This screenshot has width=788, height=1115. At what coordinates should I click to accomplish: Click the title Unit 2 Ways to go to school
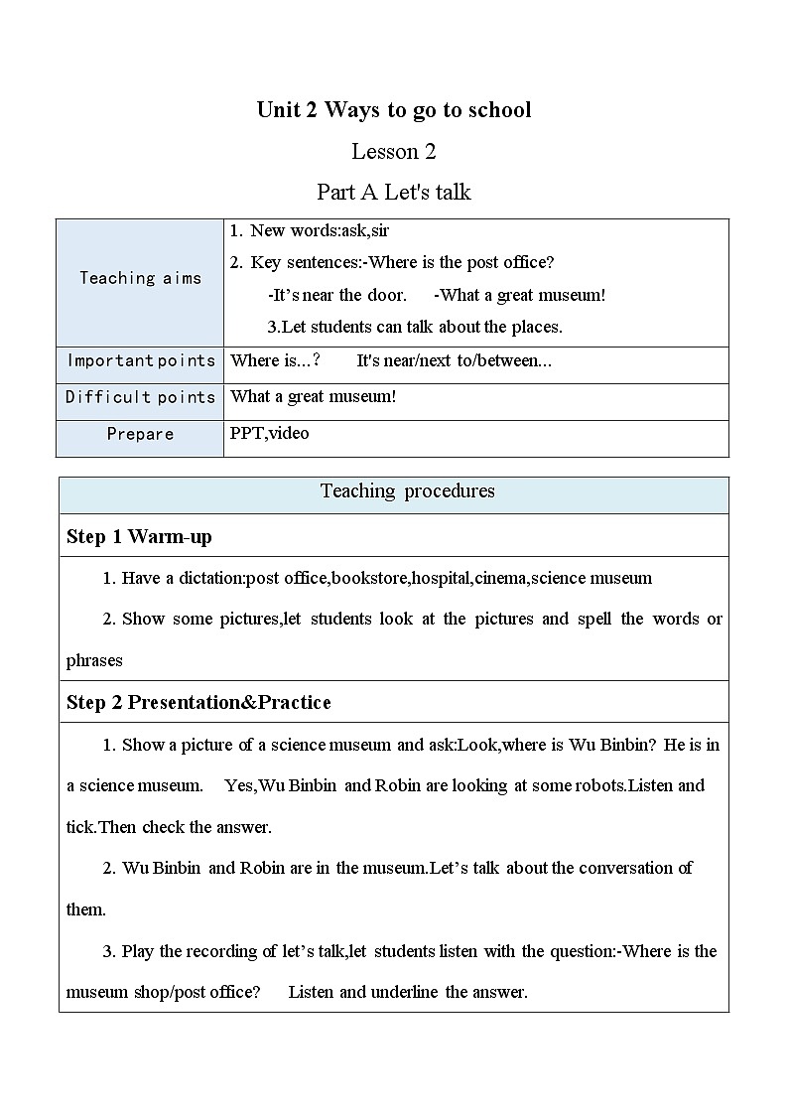click(x=394, y=110)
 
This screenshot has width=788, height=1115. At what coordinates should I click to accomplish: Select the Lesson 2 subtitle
click(x=394, y=152)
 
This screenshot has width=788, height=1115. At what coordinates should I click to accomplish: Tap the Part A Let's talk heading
click(x=394, y=192)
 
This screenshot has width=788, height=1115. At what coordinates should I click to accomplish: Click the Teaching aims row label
click(x=140, y=279)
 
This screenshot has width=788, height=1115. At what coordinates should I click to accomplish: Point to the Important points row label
click(x=140, y=360)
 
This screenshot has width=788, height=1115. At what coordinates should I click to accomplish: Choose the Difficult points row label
click(x=140, y=397)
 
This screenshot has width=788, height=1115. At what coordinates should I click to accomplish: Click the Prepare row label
click(x=140, y=434)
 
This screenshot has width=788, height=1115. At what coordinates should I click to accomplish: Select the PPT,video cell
click(x=269, y=434)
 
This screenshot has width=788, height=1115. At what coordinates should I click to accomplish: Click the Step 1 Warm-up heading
click(x=139, y=537)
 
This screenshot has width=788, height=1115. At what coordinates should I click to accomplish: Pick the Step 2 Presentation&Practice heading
click(x=198, y=703)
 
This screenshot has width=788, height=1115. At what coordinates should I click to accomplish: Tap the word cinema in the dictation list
click(x=500, y=578)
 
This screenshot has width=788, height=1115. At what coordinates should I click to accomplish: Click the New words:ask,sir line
click(x=319, y=231)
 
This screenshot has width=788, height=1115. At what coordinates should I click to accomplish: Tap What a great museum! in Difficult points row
click(x=314, y=397)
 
